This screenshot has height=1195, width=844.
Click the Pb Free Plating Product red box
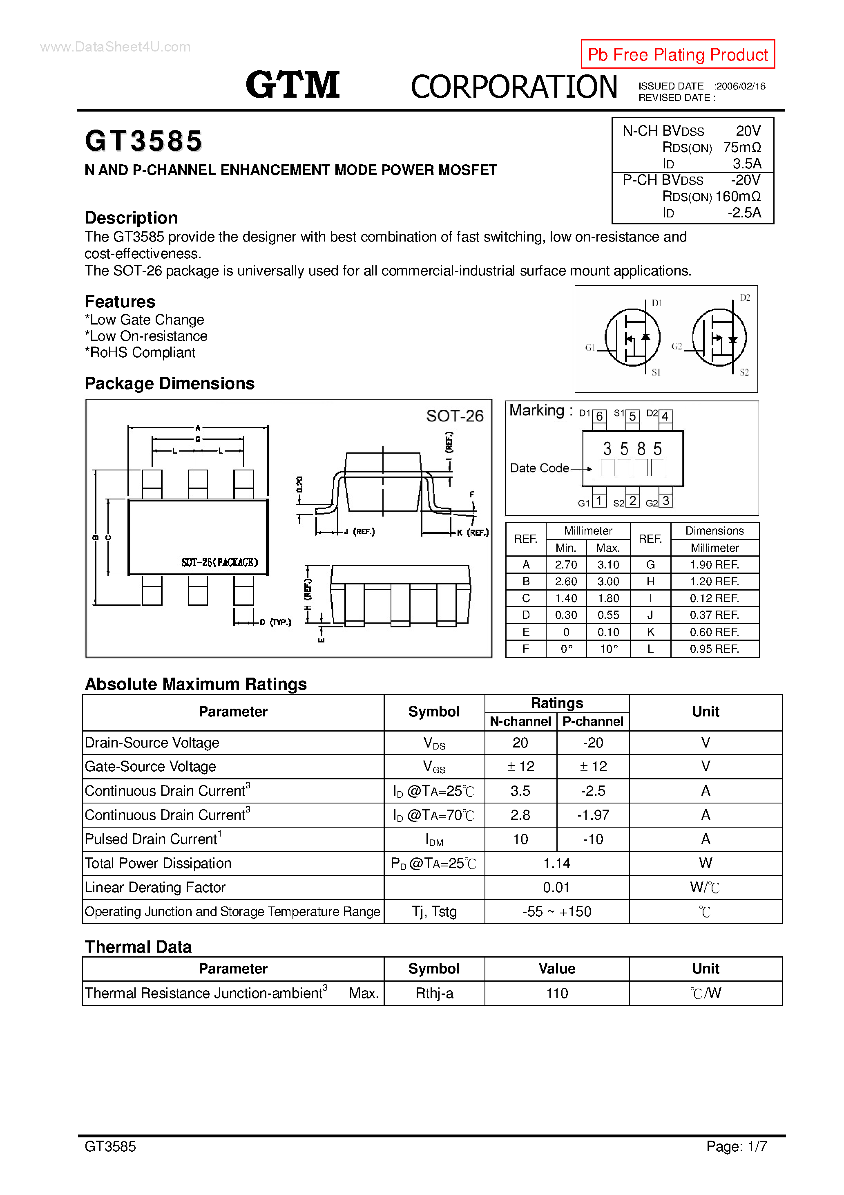pyautogui.click(x=677, y=54)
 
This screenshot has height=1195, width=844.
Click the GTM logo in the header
pyautogui.click(x=292, y=85)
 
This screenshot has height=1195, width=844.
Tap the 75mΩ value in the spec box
pyautogui.click(x=741, y=147)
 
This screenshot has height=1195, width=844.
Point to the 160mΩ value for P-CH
pyautogui.click(x=738, y=196)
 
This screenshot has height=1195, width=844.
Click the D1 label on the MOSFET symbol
pyautogui.click(x=656, y=303)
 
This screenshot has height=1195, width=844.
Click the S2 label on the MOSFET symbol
pyautogui.click(x=744, y=372)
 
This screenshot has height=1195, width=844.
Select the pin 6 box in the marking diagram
pyautogui.click(x=599, y=417)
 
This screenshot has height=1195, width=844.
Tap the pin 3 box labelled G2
pyautogui.click(x=665, y=501)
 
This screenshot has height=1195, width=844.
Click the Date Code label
pyautogui.click(x=539, y=468)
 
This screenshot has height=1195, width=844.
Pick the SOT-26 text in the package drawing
pyautogui.click(x=454, y=416)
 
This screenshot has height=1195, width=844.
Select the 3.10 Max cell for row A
pyautogui.click(x=608, y=565)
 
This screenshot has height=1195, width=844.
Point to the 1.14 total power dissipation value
pyautogui.click(x=556, y=864)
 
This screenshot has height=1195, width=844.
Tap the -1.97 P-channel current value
pyautogui.click(x=593, y=815)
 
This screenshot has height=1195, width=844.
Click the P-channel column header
pyautogui.click(x=593, y=721)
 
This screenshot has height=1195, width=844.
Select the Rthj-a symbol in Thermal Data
pyautogui.click(x=434, y=994)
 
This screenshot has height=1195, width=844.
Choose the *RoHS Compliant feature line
pyautogui.click(x=140, y=353)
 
